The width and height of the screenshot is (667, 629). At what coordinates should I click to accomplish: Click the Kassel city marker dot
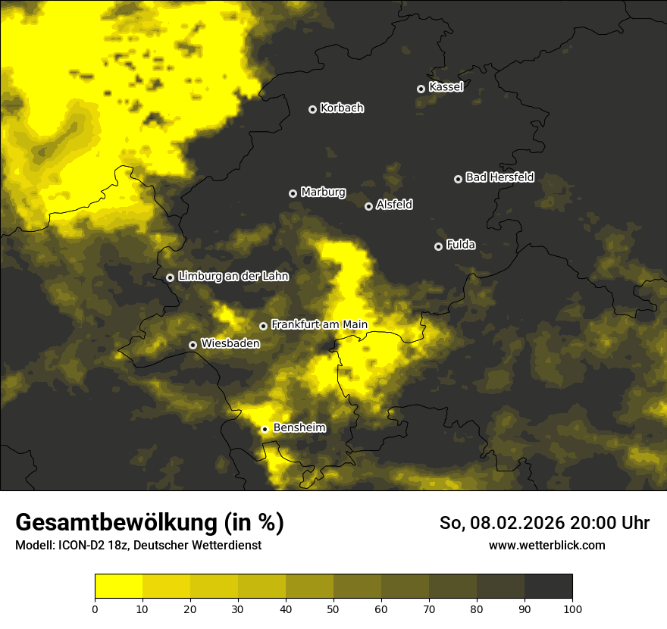[421, 89]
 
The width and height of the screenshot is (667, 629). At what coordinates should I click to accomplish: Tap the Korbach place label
[342, 108]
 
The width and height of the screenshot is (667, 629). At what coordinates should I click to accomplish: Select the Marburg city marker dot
[293, 193]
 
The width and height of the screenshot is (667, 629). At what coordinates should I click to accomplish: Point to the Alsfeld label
[394, 205]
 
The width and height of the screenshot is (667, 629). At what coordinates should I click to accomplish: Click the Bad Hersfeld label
[499, 177]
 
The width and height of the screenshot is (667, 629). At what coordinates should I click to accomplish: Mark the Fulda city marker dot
[438, 246]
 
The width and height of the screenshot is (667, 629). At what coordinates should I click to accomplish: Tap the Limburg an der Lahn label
[233, 277]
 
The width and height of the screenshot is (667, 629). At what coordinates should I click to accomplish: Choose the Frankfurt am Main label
[319, 325]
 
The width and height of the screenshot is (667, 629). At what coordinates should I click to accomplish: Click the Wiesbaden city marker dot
[193, 345]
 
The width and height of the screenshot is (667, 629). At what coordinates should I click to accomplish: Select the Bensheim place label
[299, 428]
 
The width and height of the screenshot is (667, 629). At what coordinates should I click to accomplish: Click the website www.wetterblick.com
[546, 546]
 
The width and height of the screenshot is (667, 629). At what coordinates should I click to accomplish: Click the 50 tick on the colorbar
[333, 609]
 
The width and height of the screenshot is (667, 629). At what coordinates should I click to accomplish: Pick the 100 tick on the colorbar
[571, 609]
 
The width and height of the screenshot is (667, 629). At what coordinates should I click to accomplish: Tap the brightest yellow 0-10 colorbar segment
[118, 586]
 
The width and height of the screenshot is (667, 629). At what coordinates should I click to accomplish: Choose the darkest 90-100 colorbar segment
[548, 586]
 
